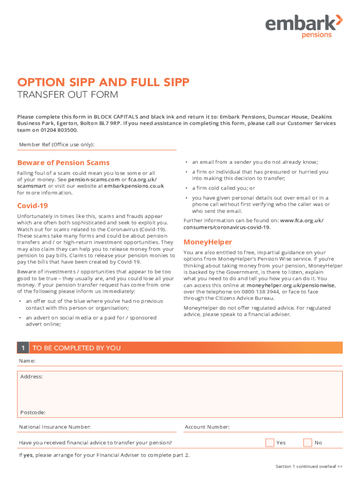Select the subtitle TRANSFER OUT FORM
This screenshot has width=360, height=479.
tap(67, 95)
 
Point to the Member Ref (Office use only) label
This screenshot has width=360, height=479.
tap(57, 145)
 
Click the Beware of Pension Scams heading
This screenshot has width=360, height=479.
tap(63, 163)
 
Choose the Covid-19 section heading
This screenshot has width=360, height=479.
tap(33, 206)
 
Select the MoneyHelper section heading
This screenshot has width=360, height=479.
tap(208, 242)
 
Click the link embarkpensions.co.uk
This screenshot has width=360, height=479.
tap(134, 186)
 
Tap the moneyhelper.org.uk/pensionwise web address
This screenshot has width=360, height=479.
tap(291, 285)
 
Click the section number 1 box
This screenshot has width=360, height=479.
tap(22, 348)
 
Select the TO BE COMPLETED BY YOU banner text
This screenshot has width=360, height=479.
tap(77, 348)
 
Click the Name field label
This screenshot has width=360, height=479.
tap(27, 361)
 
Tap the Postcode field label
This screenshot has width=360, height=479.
tap(33, 412)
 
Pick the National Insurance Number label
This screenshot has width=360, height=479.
tap(55, 427)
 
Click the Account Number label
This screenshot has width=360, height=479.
tap(207, 427)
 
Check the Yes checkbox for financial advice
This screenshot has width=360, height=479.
tap(270, 443)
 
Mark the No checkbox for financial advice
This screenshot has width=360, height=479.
tap(308, 443)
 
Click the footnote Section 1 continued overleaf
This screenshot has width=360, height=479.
tap(309, 466)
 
